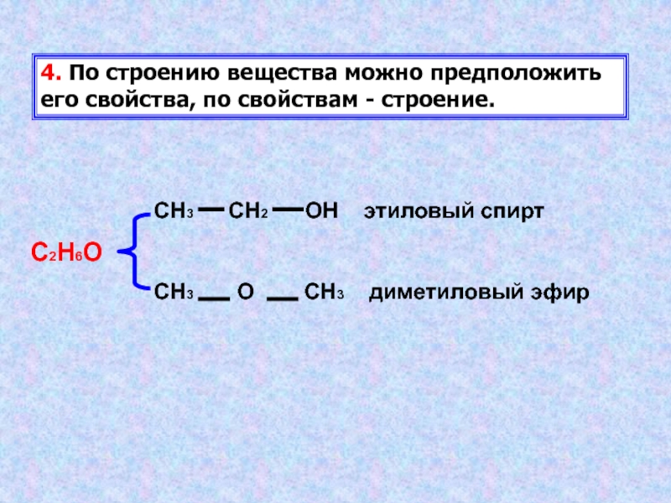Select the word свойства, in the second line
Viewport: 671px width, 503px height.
pyautogui.click(x=133, y=100)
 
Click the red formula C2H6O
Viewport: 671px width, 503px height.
pyautogui.click(x=66, y=251)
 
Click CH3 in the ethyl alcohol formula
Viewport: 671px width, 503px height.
pyautogui.click(x=174, y=211)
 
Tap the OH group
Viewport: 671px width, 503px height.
pyautogui.click(x=321, y=211)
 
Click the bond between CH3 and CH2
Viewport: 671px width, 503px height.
pyautogui.click(x=211, y=210)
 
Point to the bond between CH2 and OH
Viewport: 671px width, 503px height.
pyautogui.click(x=287, y=210)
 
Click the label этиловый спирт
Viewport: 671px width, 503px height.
pyautogui.click(x=454, y=211)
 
